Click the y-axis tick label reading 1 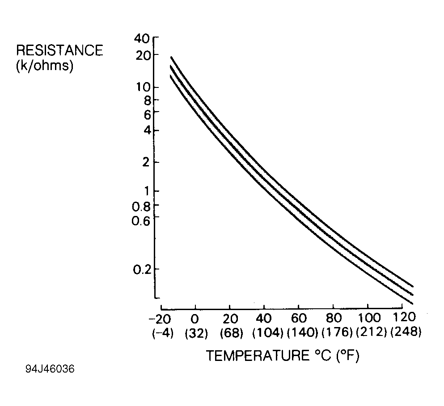[x=144, y=191]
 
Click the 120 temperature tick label [x=402, y=319]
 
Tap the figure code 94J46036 [x=50, y=370]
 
